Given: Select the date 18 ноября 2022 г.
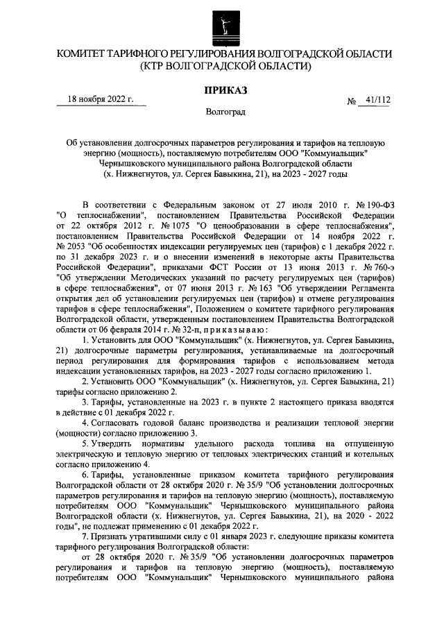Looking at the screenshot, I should [99, 100].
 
